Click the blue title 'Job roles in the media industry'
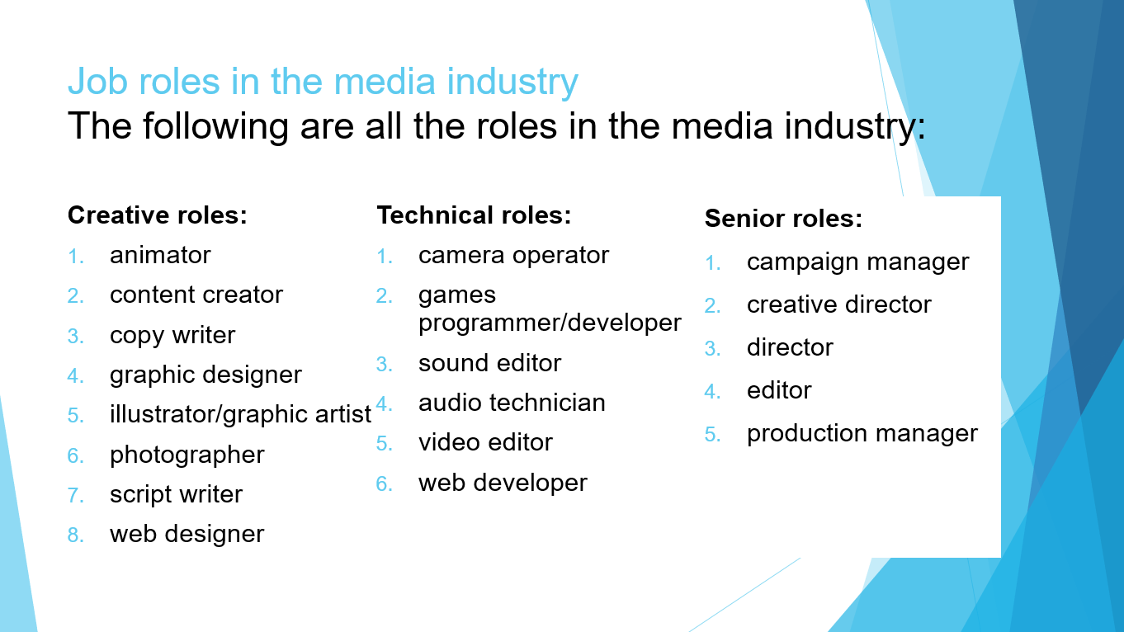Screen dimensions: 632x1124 pos(323,82)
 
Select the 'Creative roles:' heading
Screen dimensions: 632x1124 pos(157,215)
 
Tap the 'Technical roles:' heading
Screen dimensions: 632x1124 pos(474,215)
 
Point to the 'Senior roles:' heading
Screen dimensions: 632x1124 pos(783,219)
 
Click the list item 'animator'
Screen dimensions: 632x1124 pos(160,256)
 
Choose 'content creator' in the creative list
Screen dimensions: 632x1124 pos(196,295)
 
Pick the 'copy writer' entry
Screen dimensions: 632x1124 pos(172,336)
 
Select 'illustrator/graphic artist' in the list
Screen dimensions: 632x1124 pos(240,415)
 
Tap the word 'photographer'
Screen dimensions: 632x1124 pos(187,455)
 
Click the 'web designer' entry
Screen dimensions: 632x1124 pos(187,535)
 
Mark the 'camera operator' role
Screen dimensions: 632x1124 pos(513,256)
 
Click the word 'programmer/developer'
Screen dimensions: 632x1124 pos(550,323)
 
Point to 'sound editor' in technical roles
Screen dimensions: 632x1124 pos(489,363)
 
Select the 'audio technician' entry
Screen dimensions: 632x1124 pos(512,403)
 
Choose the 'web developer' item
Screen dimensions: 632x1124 pos(503,483)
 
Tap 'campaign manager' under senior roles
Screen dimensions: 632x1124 pos(857,262)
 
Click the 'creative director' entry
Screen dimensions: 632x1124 pos(838,305)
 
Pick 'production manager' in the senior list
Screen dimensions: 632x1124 pos(862,434)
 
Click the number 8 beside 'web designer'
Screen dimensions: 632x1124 pos(76,535)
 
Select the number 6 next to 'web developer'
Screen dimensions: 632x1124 pos(385,483)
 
